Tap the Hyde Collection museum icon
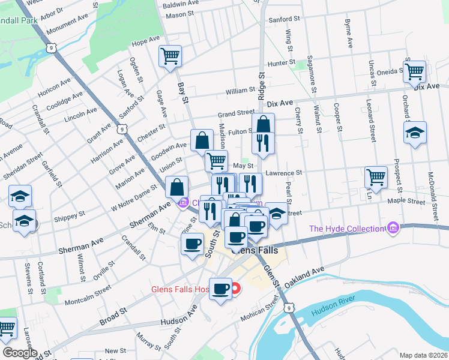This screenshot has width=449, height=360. tap(394, 229)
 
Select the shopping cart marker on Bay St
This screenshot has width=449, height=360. tap(170, 56)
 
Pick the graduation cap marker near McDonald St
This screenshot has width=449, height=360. tap(415, 133)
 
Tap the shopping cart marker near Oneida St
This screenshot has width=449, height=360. tap(415, 72)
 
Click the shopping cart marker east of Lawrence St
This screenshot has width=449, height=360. tap(376, 177)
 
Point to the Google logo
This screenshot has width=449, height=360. tap(19, 352)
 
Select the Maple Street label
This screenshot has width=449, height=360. tap(406, 202)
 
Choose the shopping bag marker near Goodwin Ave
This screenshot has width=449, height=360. tap(202, 140)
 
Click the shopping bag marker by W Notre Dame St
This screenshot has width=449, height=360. tap(177, 187)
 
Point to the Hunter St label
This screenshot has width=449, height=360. tap(282, 62)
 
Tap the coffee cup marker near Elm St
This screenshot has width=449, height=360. tap(192, 244)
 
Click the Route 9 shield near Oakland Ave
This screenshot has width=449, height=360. tap(290, 308)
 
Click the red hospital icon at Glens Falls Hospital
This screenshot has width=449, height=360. tap(235, 289)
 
